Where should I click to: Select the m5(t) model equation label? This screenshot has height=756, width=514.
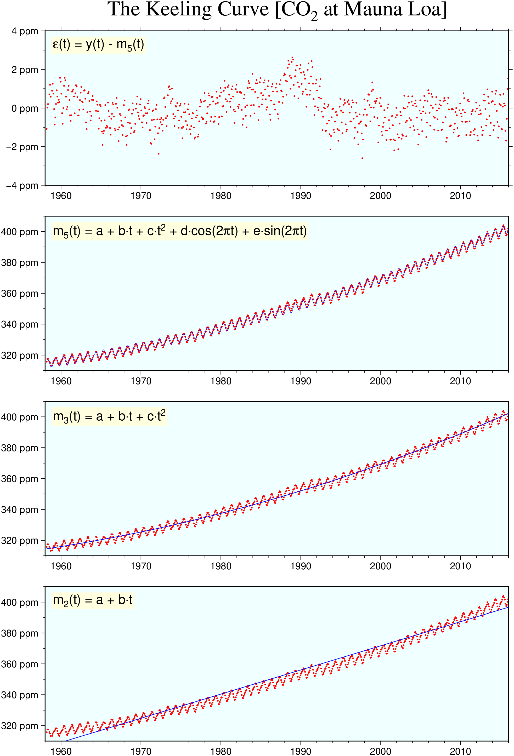coord(180,231)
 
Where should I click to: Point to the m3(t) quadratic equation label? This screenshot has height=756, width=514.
coord(109,416)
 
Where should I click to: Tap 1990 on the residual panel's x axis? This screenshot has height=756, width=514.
coord(301,196)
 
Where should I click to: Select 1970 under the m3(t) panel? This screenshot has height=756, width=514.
coord(141,566)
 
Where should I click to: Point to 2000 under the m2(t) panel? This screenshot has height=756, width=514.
coord(380,751)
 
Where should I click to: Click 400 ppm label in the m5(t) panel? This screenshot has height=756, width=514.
coord(20,232)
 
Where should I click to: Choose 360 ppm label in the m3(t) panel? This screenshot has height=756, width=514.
coord(20,479)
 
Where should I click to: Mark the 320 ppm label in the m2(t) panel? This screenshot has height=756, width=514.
coord(20,726)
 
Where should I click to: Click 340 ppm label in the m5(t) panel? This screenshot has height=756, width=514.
coord(20,324)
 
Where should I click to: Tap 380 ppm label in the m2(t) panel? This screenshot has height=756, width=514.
coord(20,633)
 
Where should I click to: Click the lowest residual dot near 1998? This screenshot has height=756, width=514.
coord(362,158)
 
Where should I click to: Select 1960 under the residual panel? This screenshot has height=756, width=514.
coord(61,196)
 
